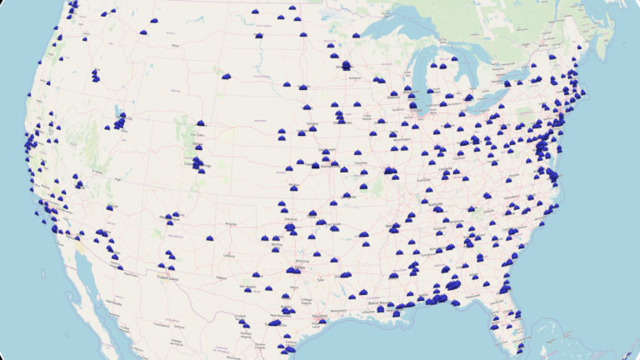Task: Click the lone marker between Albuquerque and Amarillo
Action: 210,238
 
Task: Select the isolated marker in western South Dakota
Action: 226,76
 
